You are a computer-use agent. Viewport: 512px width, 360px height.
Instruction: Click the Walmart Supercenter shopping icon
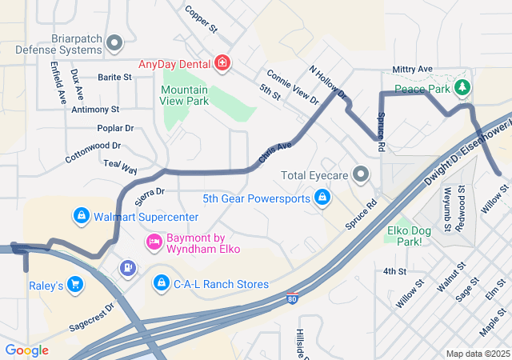click(81, 216)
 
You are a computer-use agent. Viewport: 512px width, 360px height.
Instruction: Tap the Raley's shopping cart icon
click(75, 284)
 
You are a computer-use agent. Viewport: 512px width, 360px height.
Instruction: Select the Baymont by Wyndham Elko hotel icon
click(154, 241)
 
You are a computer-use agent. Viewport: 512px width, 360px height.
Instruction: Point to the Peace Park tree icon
click(461, 86)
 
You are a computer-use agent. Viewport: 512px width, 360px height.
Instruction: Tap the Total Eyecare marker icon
click(362, 174)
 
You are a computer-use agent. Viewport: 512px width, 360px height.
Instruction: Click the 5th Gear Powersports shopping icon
click(322, 197)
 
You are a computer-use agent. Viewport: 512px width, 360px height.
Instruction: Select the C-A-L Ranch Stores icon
click(162, 283)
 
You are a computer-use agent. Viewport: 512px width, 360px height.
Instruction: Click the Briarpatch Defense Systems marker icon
click(115, 42)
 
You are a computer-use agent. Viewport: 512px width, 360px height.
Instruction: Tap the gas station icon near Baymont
click(126, 267)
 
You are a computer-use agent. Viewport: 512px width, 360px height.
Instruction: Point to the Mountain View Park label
click(185, 96)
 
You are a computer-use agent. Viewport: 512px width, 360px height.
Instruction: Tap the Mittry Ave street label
click(412, 70)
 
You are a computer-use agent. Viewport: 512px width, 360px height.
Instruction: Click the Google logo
click(26, 350)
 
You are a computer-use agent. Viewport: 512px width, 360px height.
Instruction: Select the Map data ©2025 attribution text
click(477, 354)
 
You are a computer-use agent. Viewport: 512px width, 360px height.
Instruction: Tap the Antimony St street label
click(94, 109)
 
